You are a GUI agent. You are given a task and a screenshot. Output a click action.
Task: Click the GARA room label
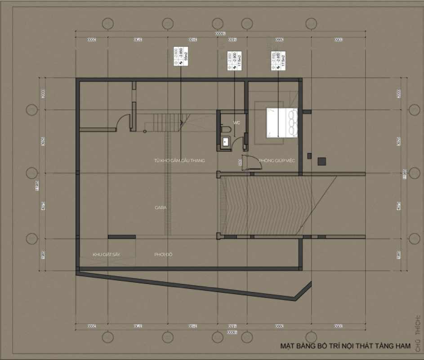[161, 208]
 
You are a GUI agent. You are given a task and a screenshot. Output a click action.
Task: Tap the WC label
[237, 122]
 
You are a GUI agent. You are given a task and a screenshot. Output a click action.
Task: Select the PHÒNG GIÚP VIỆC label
[277, 161]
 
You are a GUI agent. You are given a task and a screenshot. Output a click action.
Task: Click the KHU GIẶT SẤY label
[106, 255]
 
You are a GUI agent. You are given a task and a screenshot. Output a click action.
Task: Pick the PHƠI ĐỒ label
[163, 255]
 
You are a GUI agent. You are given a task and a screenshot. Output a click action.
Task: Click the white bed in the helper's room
[282, 122]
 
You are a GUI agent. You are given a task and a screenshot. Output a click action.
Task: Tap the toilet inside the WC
[226, 130]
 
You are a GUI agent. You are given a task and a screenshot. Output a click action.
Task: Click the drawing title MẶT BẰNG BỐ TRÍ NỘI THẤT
[345, 346]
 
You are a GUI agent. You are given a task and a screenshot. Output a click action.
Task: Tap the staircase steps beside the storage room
[167, 121]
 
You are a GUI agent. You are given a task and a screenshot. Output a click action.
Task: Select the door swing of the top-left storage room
[122, 122]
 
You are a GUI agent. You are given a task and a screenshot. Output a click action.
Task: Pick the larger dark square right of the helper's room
[322, 161]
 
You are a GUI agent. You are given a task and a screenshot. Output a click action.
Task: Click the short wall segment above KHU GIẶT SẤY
[121, 237]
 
